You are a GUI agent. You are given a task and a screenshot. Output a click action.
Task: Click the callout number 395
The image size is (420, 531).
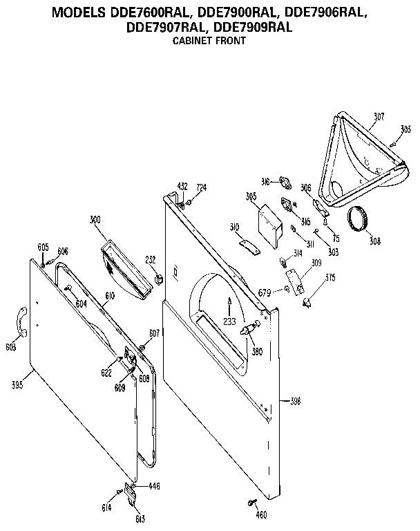click(16, 385)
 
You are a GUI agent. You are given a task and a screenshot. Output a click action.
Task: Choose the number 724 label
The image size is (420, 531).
click(201, 187)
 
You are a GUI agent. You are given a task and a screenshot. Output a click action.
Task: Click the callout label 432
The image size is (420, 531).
click(182, 187)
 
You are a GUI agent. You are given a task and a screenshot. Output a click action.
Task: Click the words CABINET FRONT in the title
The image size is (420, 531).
click(209, 41)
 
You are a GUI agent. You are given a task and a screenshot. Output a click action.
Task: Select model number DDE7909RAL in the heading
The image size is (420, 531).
click(254, 28)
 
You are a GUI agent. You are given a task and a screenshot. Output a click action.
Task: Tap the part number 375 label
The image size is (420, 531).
click(330, 278)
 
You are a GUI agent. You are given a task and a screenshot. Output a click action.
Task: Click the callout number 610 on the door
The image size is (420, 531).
click(110, 295)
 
